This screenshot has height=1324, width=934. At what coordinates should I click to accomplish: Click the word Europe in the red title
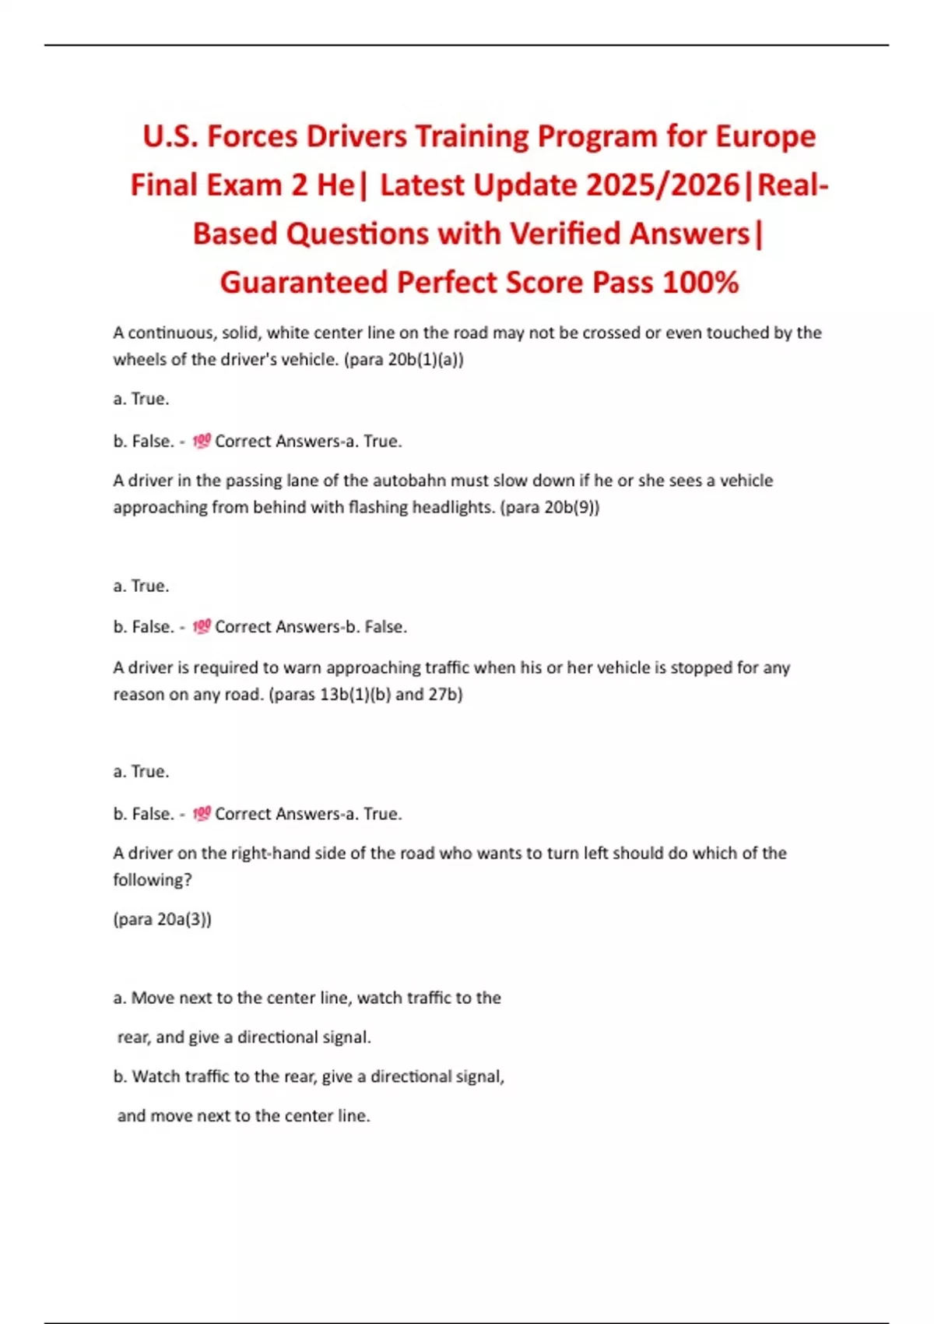coord(765,136)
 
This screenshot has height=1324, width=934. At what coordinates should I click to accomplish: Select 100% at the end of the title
coord(700,282)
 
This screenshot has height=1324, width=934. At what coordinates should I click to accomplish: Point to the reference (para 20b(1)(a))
coord(404,360)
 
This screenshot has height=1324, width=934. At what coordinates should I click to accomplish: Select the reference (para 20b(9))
coord(550,507)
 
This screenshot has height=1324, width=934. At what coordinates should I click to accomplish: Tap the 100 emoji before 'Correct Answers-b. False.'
coord(202,626)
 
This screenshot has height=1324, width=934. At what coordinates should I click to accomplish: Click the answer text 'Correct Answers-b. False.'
coord(311,627)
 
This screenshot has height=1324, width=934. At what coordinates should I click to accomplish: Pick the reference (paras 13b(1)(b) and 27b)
coord(365,694)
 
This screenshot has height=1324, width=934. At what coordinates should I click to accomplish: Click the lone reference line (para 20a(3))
coord(162,919)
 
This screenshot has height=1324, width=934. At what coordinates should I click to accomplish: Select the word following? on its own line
coord(153,880)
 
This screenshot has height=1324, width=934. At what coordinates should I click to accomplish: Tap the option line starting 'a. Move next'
coord(307,998)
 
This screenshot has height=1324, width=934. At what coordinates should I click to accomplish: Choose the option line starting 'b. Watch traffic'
coord(309,1076)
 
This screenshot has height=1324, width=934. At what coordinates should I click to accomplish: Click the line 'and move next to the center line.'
coord(244,1115)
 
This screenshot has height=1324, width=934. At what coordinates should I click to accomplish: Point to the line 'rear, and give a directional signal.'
coord(244,1037)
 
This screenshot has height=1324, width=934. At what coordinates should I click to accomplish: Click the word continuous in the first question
coord(171,333)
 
